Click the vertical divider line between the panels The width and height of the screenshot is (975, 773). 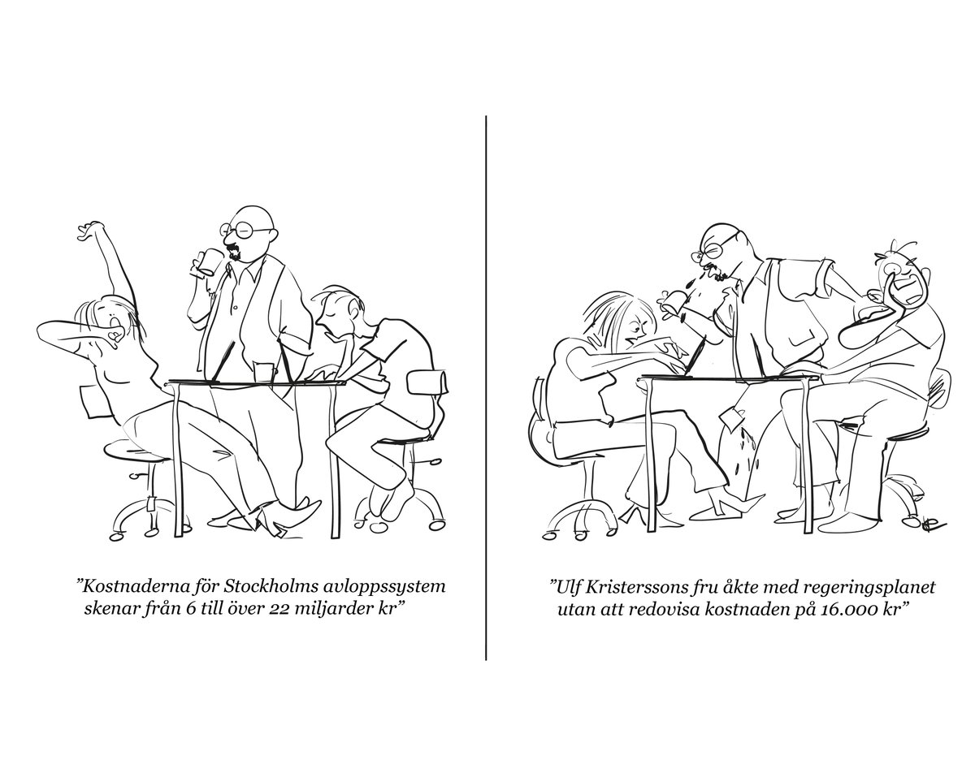[486, 388]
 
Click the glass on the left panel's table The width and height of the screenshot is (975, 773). [264, 372]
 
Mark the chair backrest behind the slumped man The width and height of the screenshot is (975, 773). [427, 382]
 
